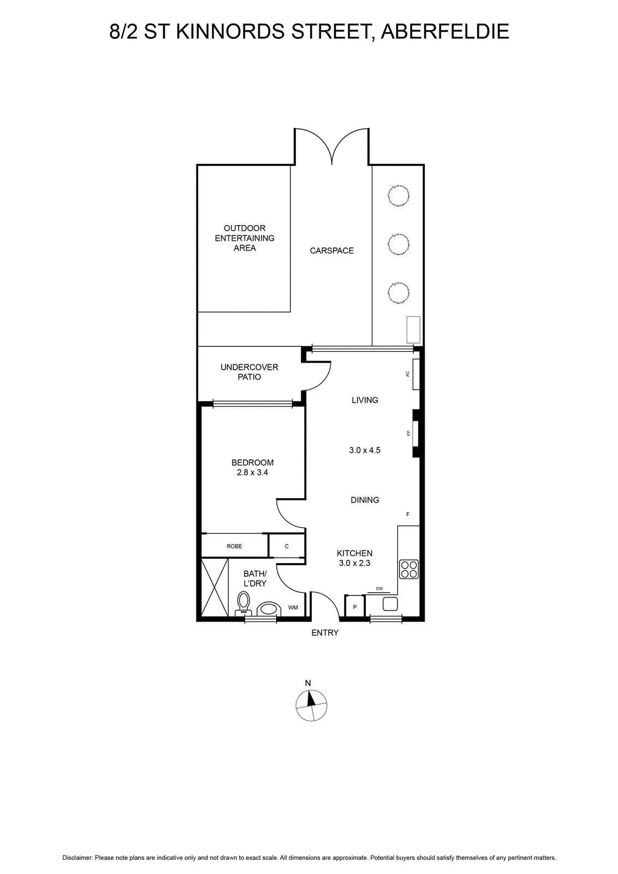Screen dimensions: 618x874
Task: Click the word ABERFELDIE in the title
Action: pyautogui.click(x=445, y=32)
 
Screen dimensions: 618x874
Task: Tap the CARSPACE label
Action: pyautogui.click(x=332, y=251)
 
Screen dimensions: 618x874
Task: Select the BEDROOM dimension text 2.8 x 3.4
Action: pyautogui.click(x=252, y=473)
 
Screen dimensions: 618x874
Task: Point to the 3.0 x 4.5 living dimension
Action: pyautogui.click(x=365, y=450)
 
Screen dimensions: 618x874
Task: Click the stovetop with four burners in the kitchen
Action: pyautogui.click(x=408, y=569)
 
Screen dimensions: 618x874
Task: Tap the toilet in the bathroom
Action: pyautogui.click(x=243, y=604)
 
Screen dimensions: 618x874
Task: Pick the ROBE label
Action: pyautogui.click(x=234, y=546)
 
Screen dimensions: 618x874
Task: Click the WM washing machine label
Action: pyautogui.click(x=293, y=607)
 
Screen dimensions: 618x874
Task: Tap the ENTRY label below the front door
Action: pyautogui.click(x=325, y=633)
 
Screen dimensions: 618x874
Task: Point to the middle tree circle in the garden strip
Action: pyautogui.click(x=399, y=244)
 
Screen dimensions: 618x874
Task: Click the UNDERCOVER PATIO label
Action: pyautogui.click(x=249, y=372)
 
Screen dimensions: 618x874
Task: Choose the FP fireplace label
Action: pyautogui.click(x=408, y=433)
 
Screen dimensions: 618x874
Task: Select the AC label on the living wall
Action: pyautogui.click(x=407, y=374)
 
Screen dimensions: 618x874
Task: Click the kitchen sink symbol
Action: pyautogui.click(x=390, y=604)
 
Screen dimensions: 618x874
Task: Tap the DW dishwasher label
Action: pyautogui.click(x=379, y=589)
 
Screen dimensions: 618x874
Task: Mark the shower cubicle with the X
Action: pyautogui.click(x=215, y=588)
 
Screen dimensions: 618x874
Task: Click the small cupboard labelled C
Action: pyautogui.click(x=287, y=546)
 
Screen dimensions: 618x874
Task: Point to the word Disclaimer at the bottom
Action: pyautogui.click(x=77, y=858)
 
